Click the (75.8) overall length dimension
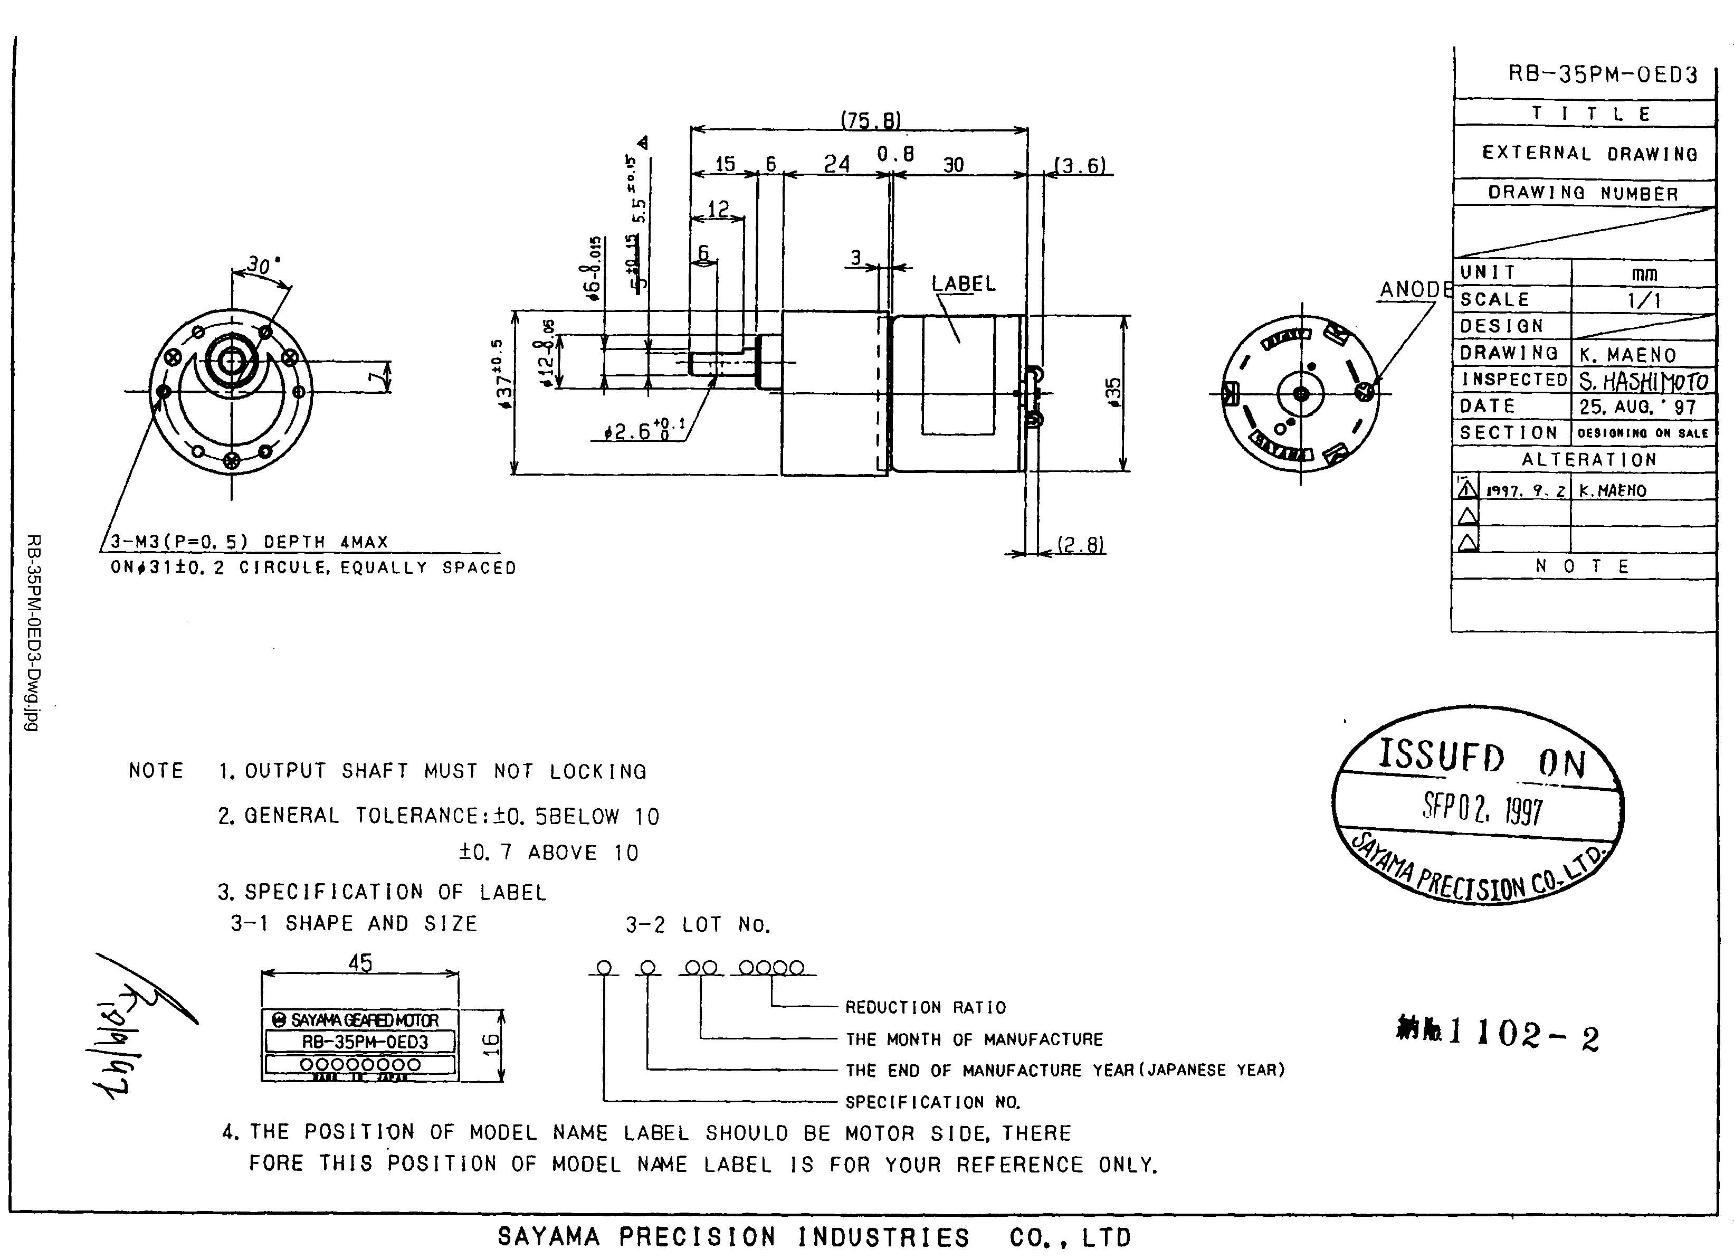pos(871,120)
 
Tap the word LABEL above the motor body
pos(964,283)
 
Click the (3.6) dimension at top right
pos(1080,165)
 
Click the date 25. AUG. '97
pos(1637,407)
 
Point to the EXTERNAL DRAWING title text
pos(1589,153)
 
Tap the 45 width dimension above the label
pos(359,963)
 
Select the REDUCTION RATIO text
pos(925,1007)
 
